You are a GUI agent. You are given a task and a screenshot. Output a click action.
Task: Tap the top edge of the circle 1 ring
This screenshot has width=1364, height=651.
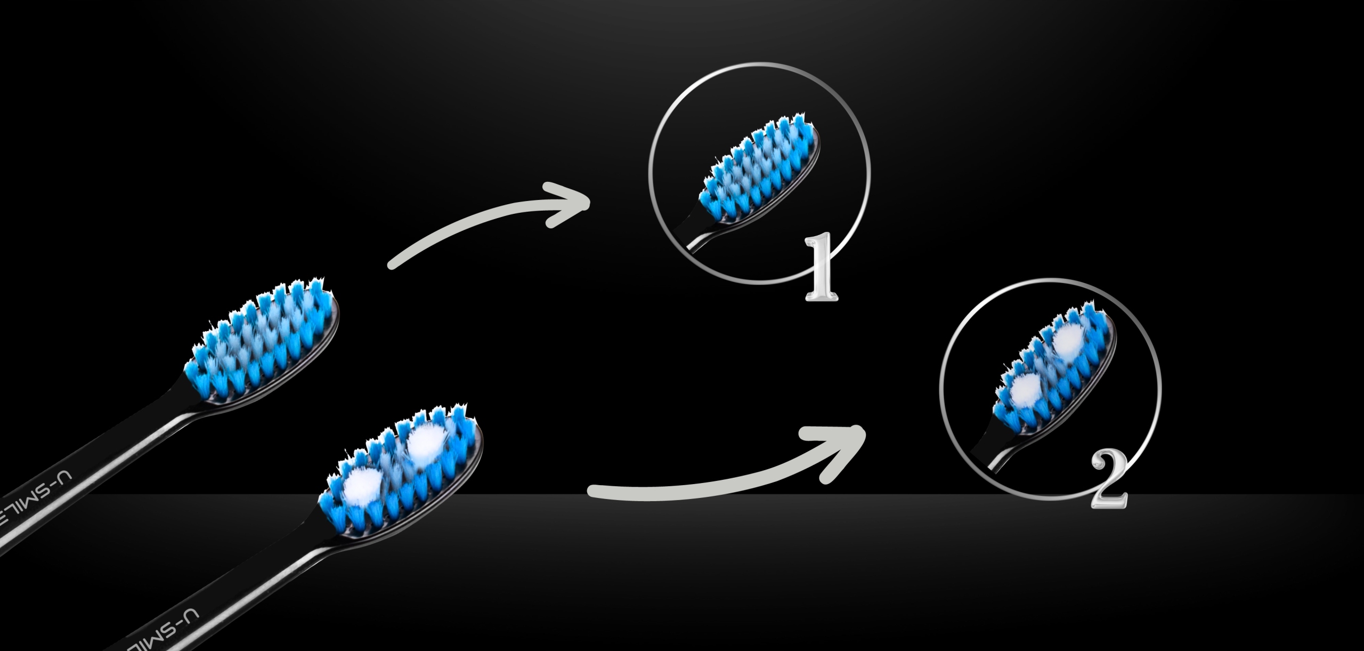[x=759, y=65]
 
